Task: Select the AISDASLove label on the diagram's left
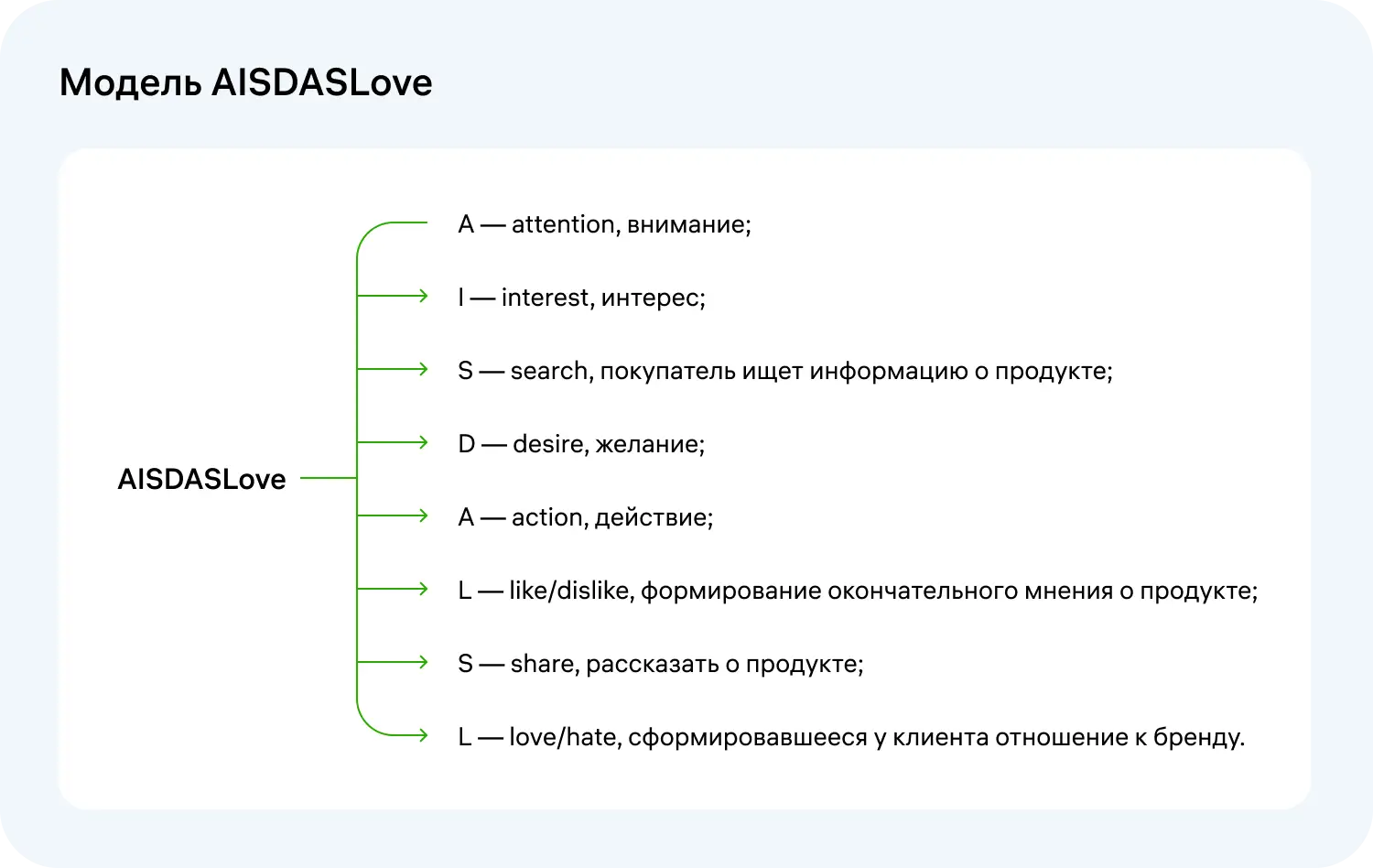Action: pyautogui.click(x=201, y=479)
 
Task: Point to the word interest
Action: pyautogui.click(x=546, y=298)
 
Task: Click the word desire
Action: pyautogui.click(x=549, y=444)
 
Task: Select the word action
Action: pyautogui.click(x=546, y=517)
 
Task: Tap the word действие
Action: pyautogui.click(x=653, y=517)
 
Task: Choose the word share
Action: pyautogui.click(x=544, y=664)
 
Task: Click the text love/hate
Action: pyautogui.click(x=563, y=737)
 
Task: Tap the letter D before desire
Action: pyautogui.click(x=467, y=444)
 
